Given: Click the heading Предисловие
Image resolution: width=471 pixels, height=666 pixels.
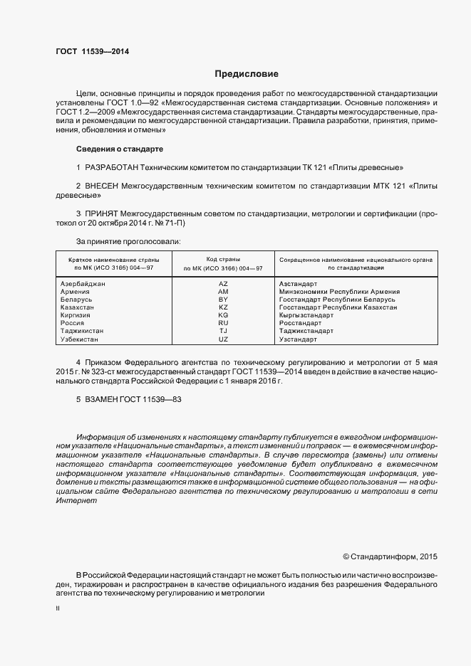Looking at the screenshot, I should [x=246, y=74].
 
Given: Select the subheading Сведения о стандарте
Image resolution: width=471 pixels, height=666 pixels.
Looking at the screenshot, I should [x=119, y=149].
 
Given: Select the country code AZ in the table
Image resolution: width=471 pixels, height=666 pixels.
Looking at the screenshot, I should [x=223, y=283].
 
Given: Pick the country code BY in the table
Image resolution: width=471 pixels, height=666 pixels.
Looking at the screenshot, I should [x=223, y=300].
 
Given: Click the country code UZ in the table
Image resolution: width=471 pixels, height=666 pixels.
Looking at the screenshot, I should [x=223, y=339].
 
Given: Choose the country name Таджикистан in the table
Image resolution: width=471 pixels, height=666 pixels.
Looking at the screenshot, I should [x=83, y=331].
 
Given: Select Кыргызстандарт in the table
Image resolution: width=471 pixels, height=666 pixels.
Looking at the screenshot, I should [x=307, y=315].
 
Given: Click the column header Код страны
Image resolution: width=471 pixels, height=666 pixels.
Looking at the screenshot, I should [x=223, y=260].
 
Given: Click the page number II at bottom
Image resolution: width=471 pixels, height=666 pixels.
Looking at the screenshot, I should [x=58, y=609].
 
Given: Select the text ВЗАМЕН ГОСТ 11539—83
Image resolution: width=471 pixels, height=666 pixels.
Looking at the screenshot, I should [x=129, y=400].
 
